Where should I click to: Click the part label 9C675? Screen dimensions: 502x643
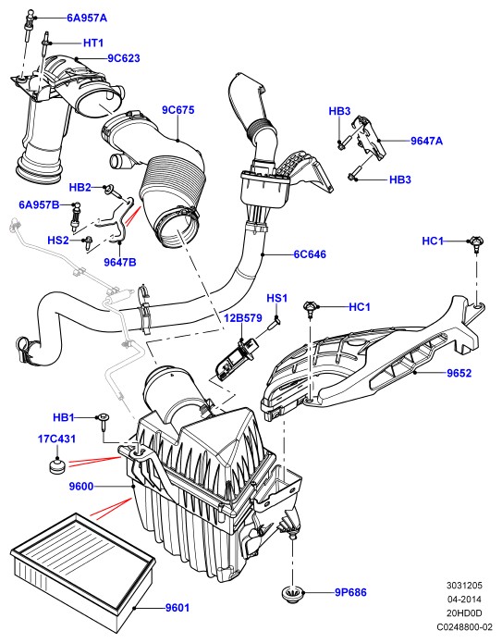pyautogui.click(x=178, y=110)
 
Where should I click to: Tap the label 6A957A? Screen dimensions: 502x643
pyautogui.click(x=87, y=19)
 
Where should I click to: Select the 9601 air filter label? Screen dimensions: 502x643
pyautogui.click(x=178, y=608)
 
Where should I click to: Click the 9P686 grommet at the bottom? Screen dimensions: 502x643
pyautogui.click(x=292, y=594)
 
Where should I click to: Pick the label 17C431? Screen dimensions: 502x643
pyautogui.click(x=57, y=439)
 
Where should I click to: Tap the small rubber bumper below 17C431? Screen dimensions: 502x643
pyautogui.click(x=57, y=466)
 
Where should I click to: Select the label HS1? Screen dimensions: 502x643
pyautogui.click(x=277, y=298)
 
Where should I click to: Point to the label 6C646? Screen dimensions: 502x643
pyautogui.click(x=310, y=254)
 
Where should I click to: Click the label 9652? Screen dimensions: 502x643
pyautogui.click(x=459, y=373)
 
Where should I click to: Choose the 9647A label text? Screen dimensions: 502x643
pyautogui.click(x=426, y=141)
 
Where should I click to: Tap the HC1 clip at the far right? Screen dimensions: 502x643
pyautogui.click(x=476, y=243)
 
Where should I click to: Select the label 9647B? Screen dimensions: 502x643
pyautogui.click(x=119, y=262)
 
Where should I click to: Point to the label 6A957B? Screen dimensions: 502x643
pyautogui.click(x=40, y=204)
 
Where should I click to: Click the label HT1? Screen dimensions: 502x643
pyautogui.click(x=93, y=43)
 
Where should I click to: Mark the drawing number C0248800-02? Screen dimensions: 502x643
pyautogui.click(x=464, y=627)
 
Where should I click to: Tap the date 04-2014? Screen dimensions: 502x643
pyautogui.click(x=464, y=600)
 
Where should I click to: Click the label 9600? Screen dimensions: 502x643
pyautogui.click(x=81, y=487)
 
